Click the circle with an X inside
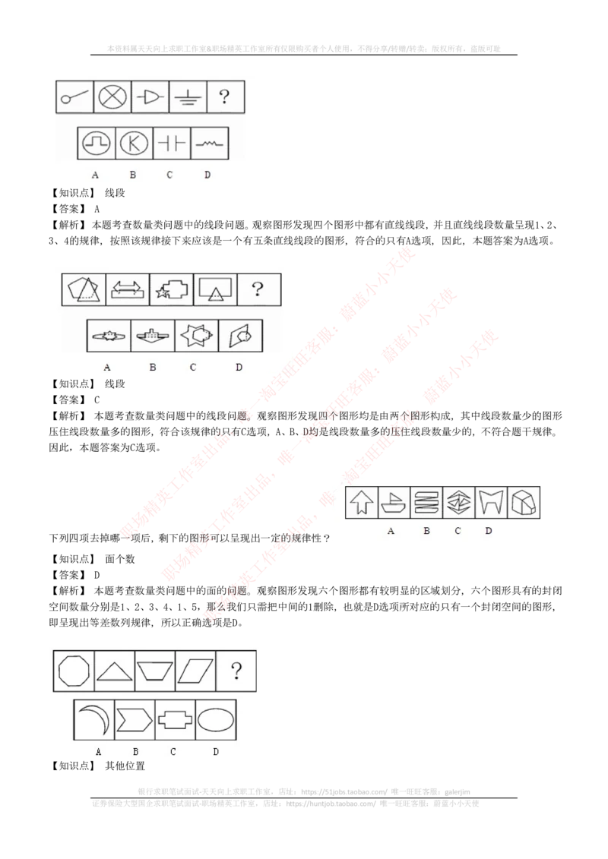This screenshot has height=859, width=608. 112,97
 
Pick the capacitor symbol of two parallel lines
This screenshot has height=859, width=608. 171,143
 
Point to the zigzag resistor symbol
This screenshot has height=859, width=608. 207,143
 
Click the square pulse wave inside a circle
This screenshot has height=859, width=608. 97,143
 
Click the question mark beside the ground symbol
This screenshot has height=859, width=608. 224,97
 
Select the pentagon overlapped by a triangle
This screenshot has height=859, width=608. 83,289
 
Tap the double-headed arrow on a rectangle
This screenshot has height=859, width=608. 128,289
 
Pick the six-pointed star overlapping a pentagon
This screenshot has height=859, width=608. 193,335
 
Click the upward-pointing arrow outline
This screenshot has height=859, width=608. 361,502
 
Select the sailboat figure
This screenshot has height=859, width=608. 393,502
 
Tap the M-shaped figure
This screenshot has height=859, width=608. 490,502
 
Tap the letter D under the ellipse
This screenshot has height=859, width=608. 216,752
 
